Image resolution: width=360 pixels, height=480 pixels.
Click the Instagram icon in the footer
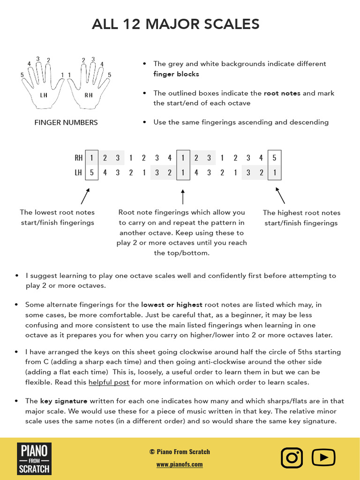point(292,458)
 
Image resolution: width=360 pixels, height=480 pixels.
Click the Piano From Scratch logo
point(34,458)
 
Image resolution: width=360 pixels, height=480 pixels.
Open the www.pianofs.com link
point(180,464)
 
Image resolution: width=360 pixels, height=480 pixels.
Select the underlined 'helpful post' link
point(109,382)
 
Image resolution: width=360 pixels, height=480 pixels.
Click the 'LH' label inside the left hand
point(44,95)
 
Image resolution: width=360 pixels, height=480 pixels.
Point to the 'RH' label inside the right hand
point(89,95)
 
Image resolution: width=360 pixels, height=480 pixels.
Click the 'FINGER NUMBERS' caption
point(66,122)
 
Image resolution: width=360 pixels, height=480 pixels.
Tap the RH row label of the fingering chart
point(78,158)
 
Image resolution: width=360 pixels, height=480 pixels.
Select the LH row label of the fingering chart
point(78,172)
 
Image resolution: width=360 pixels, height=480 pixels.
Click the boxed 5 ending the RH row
point(275,158)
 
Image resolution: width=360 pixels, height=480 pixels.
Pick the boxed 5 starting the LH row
point(92,172)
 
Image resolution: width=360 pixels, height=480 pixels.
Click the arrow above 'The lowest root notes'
point(85,195)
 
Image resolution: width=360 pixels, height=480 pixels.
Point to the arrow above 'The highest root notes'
point(280,195)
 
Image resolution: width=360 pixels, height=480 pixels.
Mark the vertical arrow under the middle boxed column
point(183,197)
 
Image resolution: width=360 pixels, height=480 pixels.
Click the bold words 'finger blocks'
point(176,74)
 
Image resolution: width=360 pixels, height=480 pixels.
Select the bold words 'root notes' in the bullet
point(282,93)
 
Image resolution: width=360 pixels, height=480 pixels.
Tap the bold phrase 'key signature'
point(64,401)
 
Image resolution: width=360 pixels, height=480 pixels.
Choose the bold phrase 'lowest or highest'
point(172,305)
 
